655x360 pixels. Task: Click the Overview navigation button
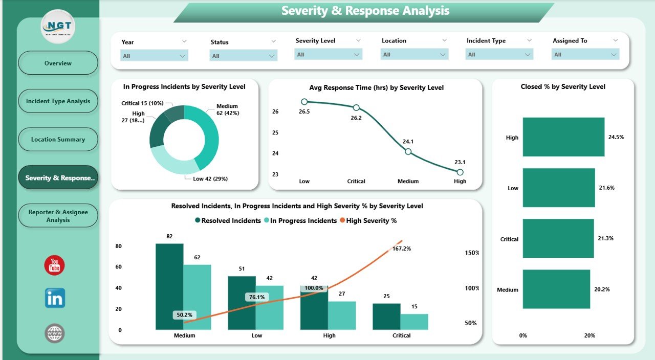click(x=58, y=63)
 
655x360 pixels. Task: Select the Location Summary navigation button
click(x=58, y=140)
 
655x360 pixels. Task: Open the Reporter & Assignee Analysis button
click(x=58, y=216)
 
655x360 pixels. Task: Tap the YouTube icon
click(x=55, y=265)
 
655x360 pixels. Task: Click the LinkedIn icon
click(x=55, y=298)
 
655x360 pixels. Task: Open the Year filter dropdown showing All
click(x=154, y=56)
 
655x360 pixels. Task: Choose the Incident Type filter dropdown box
click(x=499, y=55)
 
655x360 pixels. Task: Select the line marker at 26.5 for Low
click(x=304, y=102)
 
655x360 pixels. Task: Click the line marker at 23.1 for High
click(x=460, y=172)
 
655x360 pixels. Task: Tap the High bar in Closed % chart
click(x=563, y=137)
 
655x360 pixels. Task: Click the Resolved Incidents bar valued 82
click(x=169, y=286)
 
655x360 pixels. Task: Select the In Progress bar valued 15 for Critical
click(x=414, y=322)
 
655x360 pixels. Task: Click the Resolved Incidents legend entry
click(x=228, y=221)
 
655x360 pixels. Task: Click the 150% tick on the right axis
click(x=471, y=253)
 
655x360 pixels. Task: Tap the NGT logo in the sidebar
click(x=58, y=27)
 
